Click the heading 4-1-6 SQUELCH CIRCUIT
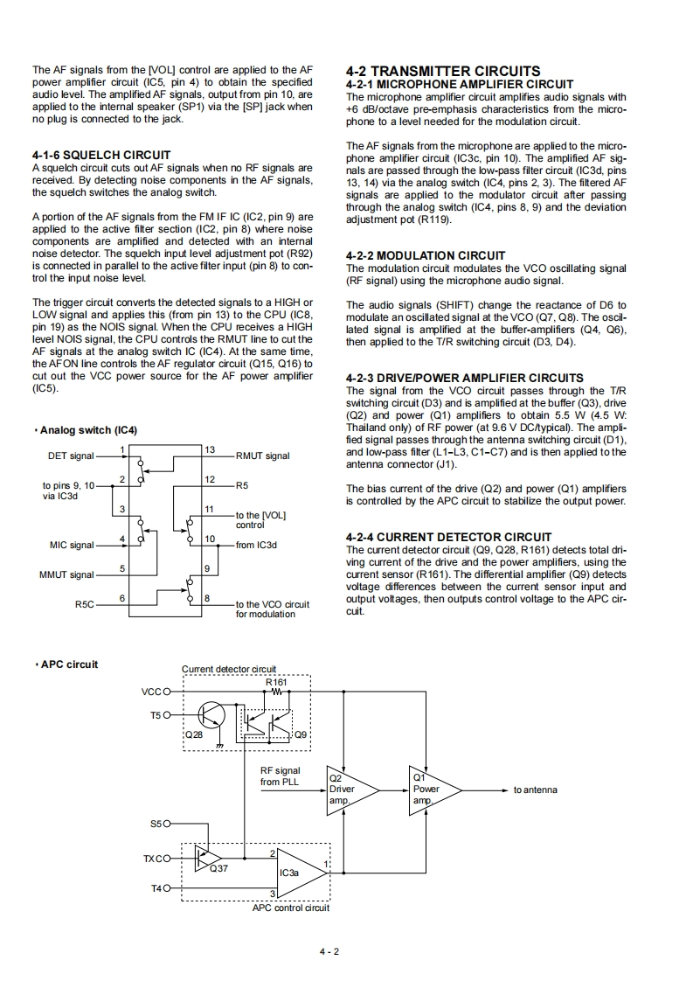tap(100, 155)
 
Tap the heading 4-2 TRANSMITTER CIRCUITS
tap(443, 71)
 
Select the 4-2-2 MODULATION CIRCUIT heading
tap(426, 255)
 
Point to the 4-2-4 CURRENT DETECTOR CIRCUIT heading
tap(449, 537)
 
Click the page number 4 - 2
tap(329, 952)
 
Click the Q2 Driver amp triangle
tap(350, 790)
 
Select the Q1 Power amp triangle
tap(433, 790)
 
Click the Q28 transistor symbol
tap(210, 714)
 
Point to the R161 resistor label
tap(276, 681)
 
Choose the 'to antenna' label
tap(535, 790)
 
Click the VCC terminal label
tap(150, 692)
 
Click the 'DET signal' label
tap(71, 456)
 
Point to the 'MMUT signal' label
tap(66, 574)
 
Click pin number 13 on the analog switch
tap(210, 449)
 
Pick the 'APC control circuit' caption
tap(291, 908)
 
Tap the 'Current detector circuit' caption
tap(228, 669)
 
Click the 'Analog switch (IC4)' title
tap(88, 430)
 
